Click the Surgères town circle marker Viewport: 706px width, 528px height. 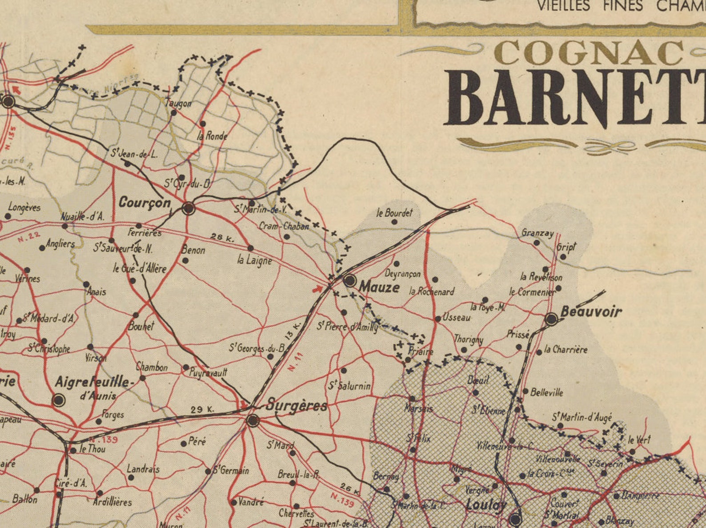pos(253,420)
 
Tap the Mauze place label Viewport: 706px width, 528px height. pos(379,287)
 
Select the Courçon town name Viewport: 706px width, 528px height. pos(145,203)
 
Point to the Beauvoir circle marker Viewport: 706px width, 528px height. pos(551,319)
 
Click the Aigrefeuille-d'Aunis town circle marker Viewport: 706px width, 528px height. pos(59,400)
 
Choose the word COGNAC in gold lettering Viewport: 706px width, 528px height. pos(589,53)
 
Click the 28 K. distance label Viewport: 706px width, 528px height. pos(222,238)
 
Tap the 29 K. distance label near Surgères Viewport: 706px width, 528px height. pos(202,409)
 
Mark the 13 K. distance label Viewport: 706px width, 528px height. pos(293,331)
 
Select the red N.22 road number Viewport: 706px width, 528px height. pos(29,237)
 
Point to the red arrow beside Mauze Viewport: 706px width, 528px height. pos(317,289)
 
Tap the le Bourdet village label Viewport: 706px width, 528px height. pos(394,213)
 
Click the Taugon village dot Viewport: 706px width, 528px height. pos(174,112)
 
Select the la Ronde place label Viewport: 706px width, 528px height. pos(213,136)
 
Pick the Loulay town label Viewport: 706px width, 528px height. pos(486,505)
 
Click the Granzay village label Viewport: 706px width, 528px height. pos(538,233)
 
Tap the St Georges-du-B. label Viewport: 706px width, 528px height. pos(257,348)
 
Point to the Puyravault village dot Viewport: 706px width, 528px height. pos(186,367)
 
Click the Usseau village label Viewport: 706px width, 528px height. pos(457,317)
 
